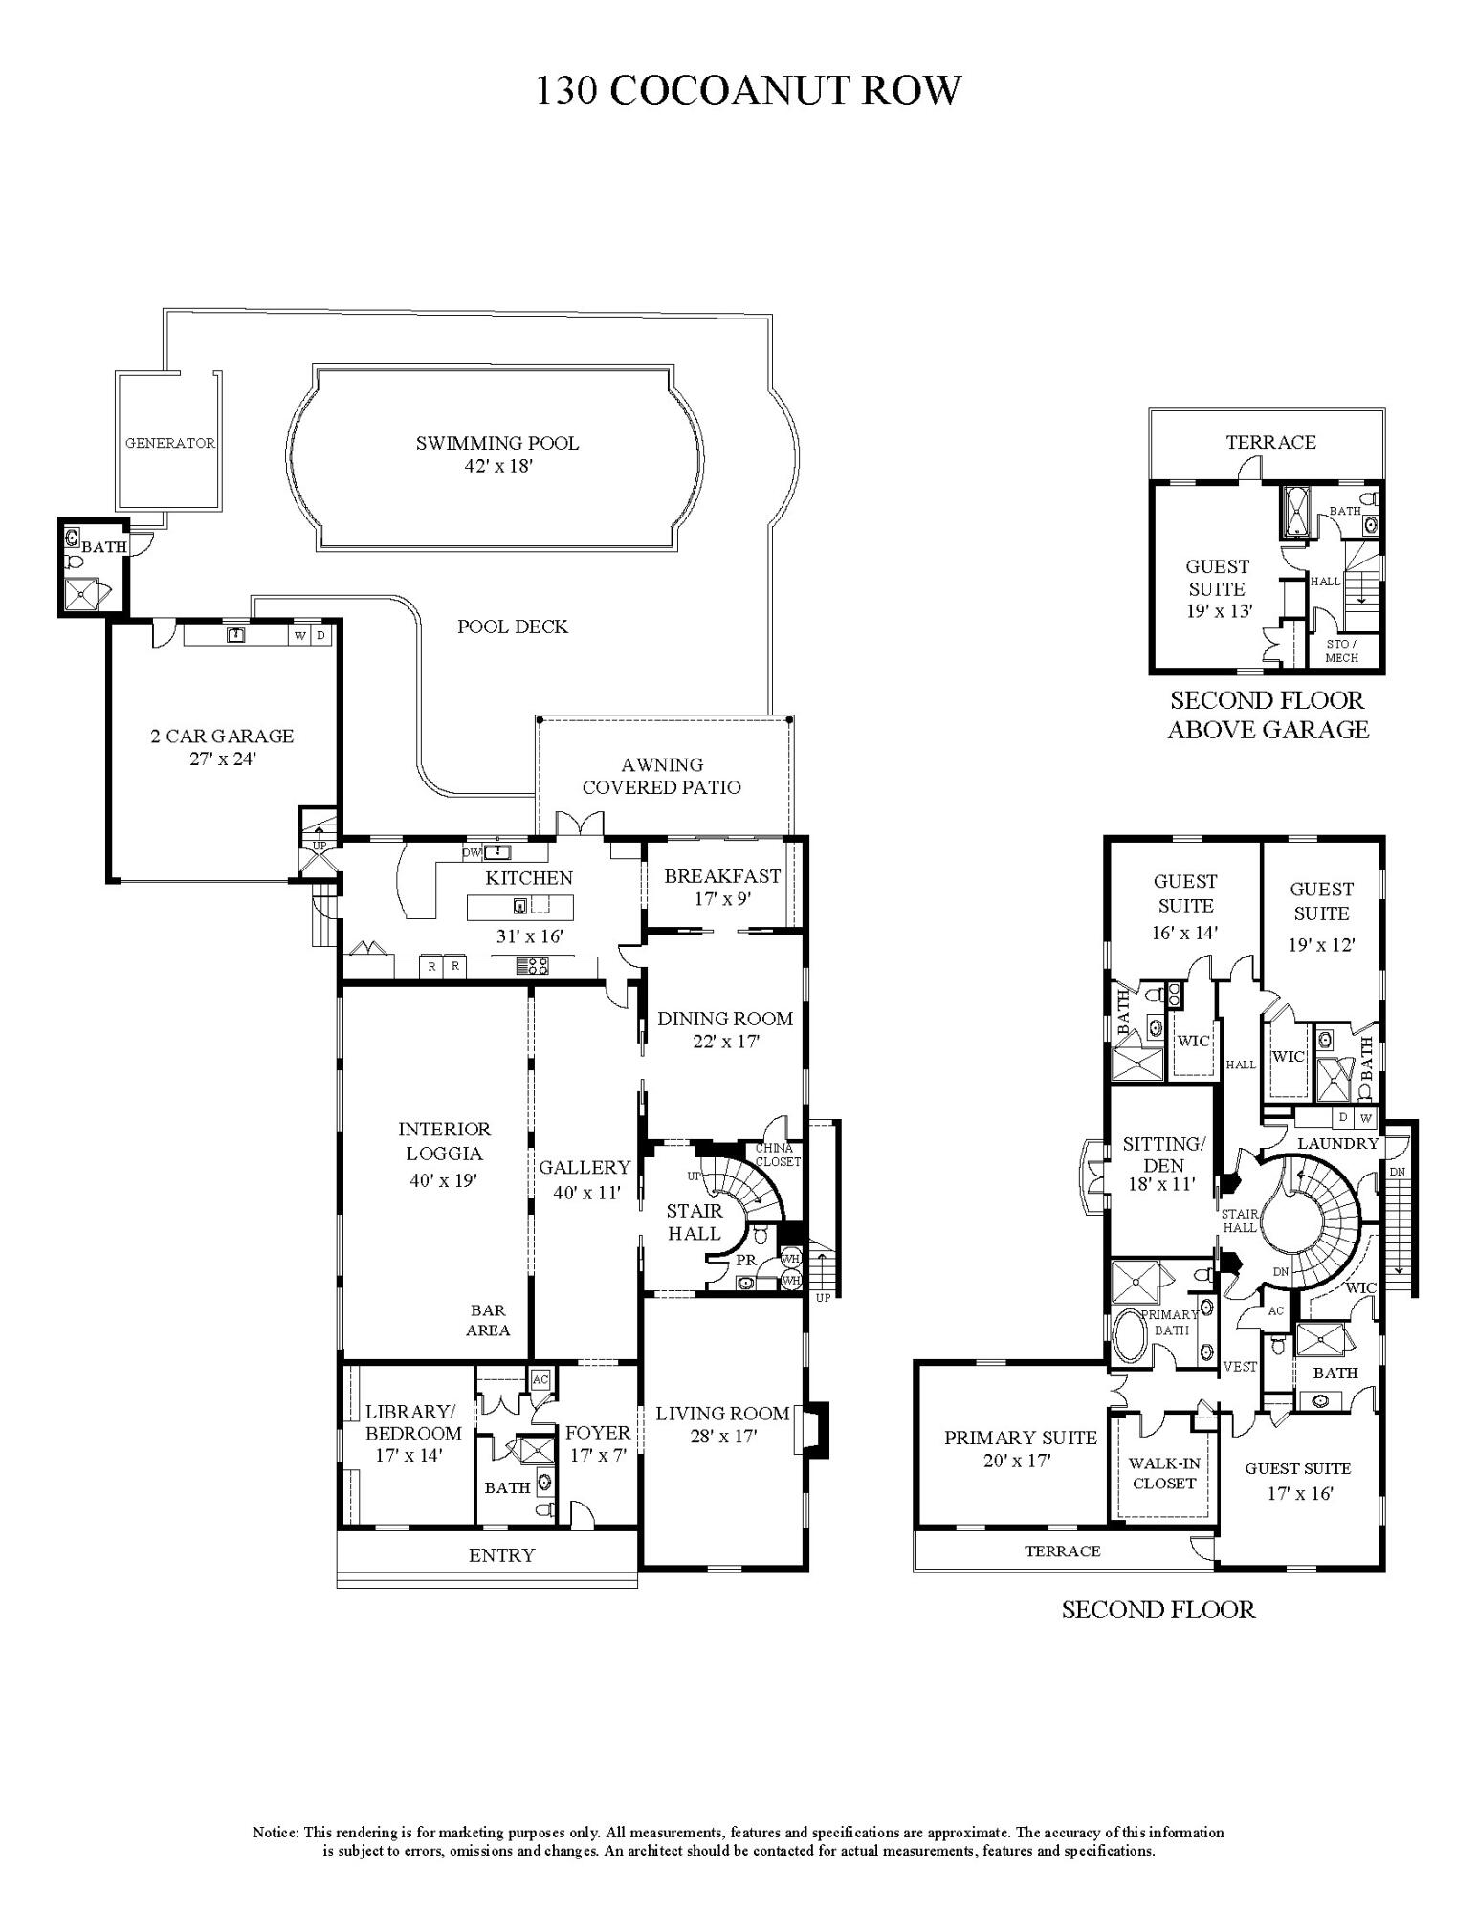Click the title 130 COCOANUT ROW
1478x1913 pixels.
[x=747, y=91]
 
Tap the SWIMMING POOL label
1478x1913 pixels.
[x=496, y=443]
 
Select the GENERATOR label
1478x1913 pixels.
[x=169, y=444]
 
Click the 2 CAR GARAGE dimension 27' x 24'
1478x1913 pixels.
[x=222, y=759]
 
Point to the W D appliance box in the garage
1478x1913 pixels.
[x=311, y=635]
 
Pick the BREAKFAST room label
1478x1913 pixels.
[x=722, y=876]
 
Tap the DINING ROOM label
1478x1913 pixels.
[x=725, y=1019]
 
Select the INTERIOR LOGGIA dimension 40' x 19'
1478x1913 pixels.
[x=443, y=1181]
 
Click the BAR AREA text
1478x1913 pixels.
[x=488, y=1320]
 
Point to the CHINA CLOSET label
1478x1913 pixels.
[x=777, y=1154]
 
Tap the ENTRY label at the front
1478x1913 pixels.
[x=501, y=1555]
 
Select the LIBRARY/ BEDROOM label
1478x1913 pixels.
[x=412, y=1422]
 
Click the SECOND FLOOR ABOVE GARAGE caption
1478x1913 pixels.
[x=1268, y=715]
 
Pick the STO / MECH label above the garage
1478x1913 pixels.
[x=1341, y=650]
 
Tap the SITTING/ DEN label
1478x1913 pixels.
[x=1163, y=1154]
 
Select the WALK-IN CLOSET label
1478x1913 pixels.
[x=1164, y=1473]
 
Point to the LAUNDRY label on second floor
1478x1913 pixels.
[x=1337, y=1143]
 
